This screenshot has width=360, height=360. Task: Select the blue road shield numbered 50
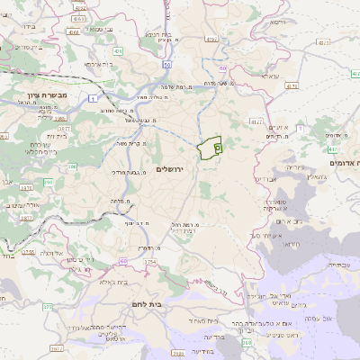click(166, 65)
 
